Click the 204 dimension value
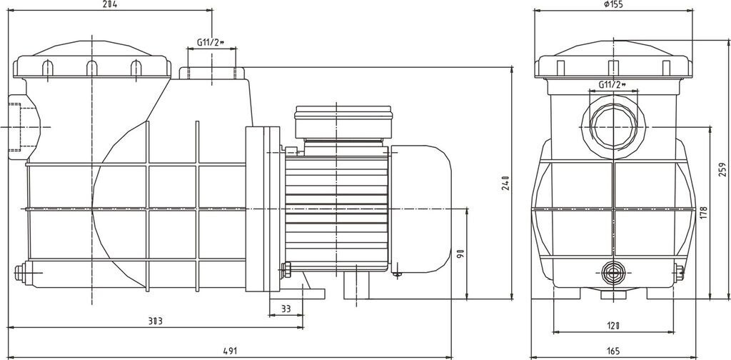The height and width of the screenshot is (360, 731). pos(109,4)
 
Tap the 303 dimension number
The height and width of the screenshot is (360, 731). pos(155,321)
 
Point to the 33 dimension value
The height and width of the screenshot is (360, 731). pos(286,309)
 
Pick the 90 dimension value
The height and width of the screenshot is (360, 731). pos(460,254)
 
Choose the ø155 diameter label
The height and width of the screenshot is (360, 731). pos(612,4)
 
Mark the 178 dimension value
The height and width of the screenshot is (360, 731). pos(703,214)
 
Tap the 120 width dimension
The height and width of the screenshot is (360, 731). pos(613,326)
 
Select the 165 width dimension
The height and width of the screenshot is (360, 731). pos(613,351)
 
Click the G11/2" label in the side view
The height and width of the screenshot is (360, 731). pos(211,42)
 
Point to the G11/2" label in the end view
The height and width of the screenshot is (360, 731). pos(612,84)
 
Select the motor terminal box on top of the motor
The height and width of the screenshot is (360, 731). pos(343,123)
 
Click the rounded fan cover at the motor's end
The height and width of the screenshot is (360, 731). pos(420,209)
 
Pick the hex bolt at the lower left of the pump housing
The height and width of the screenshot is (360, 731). pos(21,272)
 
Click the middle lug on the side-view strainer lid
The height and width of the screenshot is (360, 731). pos(92,68)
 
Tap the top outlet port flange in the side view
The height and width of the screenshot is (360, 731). pos(212,73)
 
